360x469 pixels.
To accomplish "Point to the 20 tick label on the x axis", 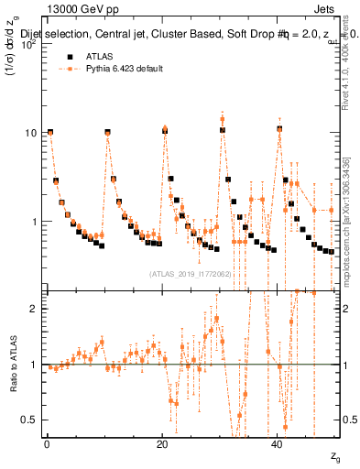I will click(162, 444).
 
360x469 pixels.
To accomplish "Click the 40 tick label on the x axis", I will click(278, 444).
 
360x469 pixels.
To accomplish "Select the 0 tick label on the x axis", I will click(47, 444).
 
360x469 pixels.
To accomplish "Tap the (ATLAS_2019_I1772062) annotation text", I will click(188, 274).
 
